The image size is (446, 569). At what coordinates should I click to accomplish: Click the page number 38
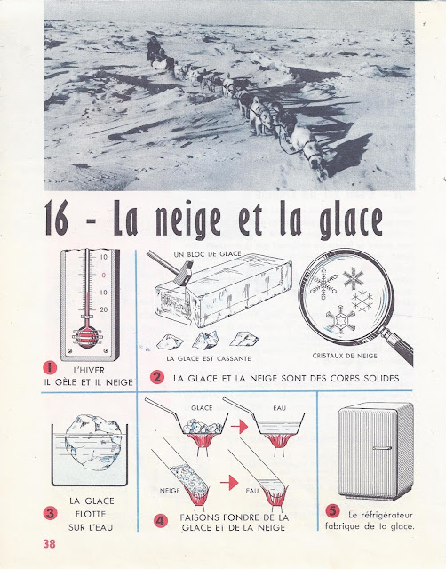(x=50, y=543)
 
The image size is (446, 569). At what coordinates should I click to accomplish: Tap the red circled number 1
(x=50, y=367)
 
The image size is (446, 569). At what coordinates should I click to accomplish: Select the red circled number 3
(x=50, y=513)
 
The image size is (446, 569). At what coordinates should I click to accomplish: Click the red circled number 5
(x=332, y=510)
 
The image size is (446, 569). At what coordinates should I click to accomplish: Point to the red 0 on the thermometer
(x=104, y=276)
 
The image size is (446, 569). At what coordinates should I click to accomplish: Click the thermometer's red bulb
(x=87, y=337)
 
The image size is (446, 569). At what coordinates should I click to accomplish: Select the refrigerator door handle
(x=382, y=448)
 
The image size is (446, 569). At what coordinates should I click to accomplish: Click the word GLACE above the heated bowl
(x=202, y=408)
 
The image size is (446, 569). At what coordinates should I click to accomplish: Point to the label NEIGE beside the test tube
(x=170, y=491)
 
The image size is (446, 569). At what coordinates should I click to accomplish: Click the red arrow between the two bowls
(x=239, y=427)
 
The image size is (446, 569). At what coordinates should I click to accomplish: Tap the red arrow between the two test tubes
(x=229, y=483)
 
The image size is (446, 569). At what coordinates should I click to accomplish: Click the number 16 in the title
(x=57, y=219)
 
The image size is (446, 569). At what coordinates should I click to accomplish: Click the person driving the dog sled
(x=154, y=49)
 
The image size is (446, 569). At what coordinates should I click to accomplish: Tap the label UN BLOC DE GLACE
(x=207, y=254)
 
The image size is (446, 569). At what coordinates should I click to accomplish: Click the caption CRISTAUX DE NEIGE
(x=345, y=356)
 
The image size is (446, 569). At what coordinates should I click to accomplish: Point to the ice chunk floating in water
(x=93, y=443)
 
